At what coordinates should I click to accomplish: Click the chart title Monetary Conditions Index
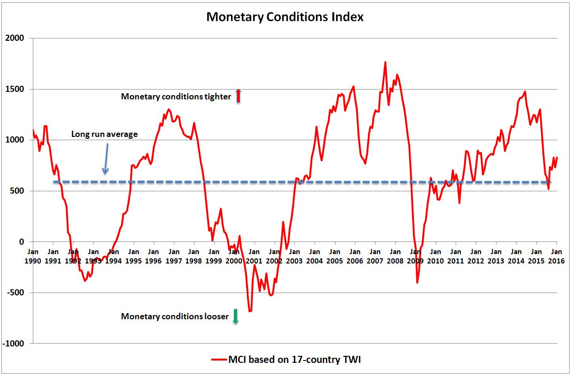click(285, 17)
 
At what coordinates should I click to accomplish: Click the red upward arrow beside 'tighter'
click(238, 96)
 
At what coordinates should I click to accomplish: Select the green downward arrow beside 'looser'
click(236, 316)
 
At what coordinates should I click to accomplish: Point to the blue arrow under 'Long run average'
click(106, 158)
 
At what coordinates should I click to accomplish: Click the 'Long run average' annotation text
click(105, 134)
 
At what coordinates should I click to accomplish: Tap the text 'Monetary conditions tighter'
click(176, 97)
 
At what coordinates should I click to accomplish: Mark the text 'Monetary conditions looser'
click(175, 316)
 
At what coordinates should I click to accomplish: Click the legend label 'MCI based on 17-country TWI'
click(294, 360)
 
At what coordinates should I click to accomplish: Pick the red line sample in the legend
click(218, 360)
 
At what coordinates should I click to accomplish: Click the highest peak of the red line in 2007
click(385, 62)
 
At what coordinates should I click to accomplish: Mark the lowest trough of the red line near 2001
click(250, 311)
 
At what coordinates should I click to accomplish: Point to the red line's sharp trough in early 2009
click(417, 283)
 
